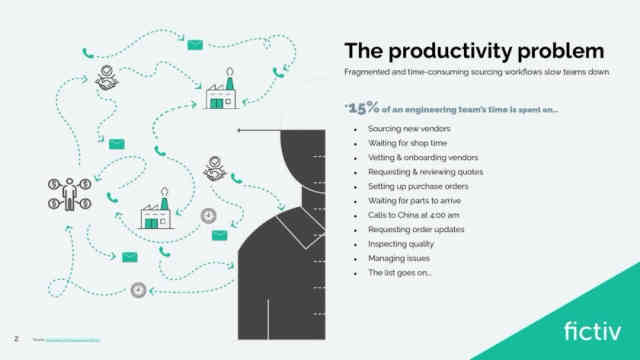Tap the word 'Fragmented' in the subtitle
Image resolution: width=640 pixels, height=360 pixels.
pos(370,74)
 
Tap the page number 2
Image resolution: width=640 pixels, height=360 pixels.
pos(15,339)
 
